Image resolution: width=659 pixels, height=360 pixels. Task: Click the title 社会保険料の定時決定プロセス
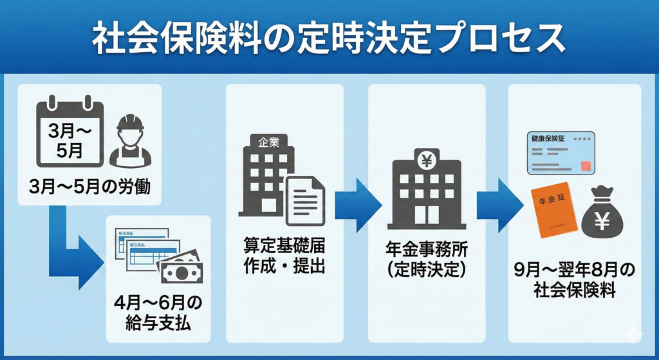coord(329,39)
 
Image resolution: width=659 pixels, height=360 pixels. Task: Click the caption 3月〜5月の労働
coord(89,188)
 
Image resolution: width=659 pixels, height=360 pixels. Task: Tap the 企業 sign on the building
coord(269,143)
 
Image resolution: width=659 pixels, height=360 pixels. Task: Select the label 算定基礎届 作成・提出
coord(284,255)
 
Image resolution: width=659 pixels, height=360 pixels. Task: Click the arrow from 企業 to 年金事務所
coord(358,206)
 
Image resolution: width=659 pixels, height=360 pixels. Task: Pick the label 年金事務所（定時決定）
coord(426,261)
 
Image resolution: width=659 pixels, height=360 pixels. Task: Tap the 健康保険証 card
coord(561,153)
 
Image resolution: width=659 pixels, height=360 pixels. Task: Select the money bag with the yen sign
coord(602,212)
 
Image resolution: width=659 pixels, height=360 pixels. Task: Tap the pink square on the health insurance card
coord(585,166)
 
